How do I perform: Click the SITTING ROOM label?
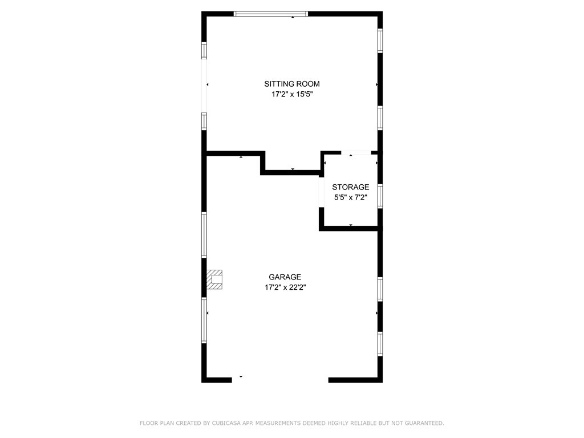[x=292, y=84]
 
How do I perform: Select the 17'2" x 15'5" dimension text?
[x=292, y=95]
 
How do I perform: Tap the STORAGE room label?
[x=351, y=187]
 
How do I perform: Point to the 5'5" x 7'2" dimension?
[x=351, y=197]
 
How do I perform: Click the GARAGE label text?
[x=285, y=277]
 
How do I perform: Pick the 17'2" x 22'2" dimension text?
[x=285, y=287]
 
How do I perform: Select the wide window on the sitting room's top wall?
[x=271, y=14]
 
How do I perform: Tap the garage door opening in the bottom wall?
[x=280, y=379]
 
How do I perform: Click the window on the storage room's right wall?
[x=380, y=196]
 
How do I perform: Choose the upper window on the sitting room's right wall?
[x=380, y=41]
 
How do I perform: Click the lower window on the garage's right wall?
[x=380, y=344]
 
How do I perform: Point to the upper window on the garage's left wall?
[x=204, y=234]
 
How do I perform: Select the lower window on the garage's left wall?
[x=204, y=321]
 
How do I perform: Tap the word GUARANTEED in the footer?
[x=421, y=423]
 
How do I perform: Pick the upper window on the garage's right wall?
[x=380, y=289]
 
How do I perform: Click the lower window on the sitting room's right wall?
[x=380, y=118]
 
